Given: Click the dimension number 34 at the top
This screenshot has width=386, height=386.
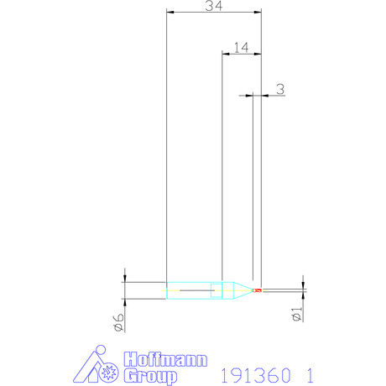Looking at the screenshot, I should (213, 7).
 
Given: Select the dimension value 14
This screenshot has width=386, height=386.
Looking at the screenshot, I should (240, 47).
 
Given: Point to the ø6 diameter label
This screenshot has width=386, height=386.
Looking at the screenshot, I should (119, 321).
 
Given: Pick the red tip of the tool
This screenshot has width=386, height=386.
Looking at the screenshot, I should (258, 290).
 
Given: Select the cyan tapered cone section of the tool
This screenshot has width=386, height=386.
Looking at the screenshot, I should (239, 290).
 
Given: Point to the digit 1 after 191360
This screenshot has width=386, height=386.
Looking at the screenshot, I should (310, 371).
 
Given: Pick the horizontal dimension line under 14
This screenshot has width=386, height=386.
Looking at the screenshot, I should (241, 55).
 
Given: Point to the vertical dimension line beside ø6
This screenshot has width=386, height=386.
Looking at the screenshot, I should (124, 290).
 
